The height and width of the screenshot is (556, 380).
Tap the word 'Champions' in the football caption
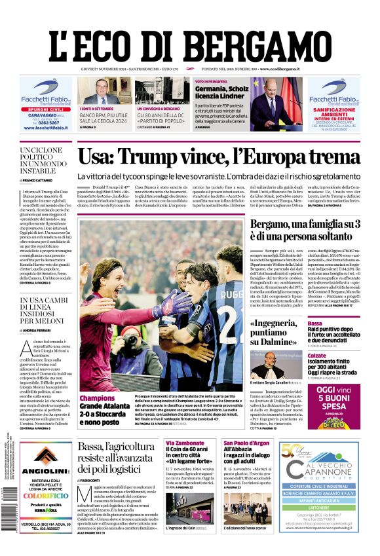[97, 397]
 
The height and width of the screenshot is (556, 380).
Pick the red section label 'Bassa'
[315, 324]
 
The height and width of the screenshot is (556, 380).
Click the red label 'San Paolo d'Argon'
[246, 443]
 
